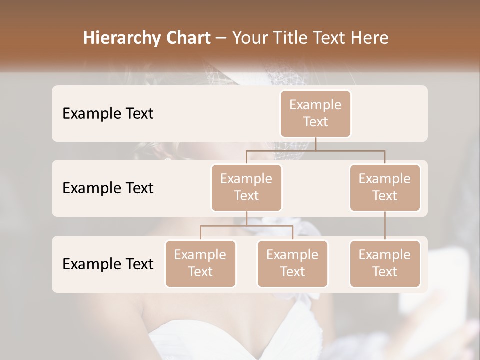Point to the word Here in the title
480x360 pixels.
click(369, 38)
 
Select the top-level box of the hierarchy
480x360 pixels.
click(315, 113)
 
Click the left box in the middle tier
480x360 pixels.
click(246, 187)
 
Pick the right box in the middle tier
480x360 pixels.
click(385, 187)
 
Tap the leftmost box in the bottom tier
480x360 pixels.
click(200, 263)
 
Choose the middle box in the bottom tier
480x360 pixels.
click(292, 263)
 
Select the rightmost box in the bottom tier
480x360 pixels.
click(385, 263)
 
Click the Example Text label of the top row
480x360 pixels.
click(108, 113)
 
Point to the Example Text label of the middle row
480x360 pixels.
click(108, 188)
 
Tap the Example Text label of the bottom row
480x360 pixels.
click(108, 264)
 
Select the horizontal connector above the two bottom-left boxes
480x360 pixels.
click(246, 226)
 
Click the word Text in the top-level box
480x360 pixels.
click(315, 122)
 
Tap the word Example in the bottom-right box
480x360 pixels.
click(385, 255)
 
